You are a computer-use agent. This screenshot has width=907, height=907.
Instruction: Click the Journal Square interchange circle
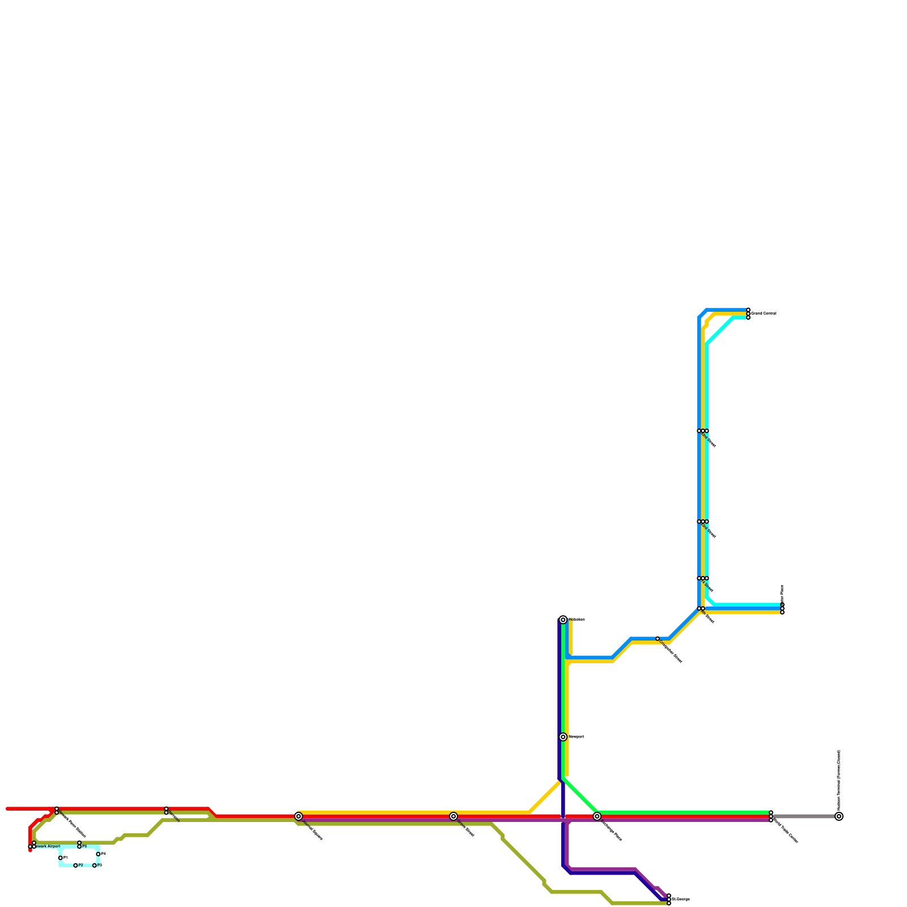click(299, 816)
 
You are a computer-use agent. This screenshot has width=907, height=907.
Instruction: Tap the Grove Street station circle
click(453, 816)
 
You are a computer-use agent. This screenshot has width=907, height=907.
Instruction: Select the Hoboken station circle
click(563, 620)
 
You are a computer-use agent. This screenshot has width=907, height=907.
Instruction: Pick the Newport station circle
click(563, 737)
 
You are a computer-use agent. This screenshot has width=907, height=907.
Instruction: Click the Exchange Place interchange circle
click(597, 816)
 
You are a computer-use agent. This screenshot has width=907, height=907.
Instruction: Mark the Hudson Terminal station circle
click(839, 816)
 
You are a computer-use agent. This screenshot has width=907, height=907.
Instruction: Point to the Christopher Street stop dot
click(658, 639)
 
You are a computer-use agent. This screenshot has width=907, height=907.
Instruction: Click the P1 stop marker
click(61, 858)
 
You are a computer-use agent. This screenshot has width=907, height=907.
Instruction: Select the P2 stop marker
click(75, 866)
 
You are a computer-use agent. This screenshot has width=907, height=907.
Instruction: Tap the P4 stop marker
click(98, 854)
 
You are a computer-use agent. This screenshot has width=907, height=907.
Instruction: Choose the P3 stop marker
click(95, 866)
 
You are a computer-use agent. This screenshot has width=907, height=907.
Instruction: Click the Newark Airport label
click(48, 846)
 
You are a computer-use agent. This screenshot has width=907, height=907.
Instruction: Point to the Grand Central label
click(764, 313)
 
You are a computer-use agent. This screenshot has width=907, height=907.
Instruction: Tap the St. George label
click(681, 900)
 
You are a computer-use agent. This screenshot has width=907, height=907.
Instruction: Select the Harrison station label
click(174, 816)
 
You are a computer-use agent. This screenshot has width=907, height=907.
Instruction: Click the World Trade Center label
click(786, 831)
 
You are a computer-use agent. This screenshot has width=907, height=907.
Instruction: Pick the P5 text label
click(84, 846)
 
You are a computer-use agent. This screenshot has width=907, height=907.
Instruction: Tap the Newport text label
click(576, 737)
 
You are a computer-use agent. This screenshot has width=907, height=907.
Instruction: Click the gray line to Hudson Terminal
click(805, 816)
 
